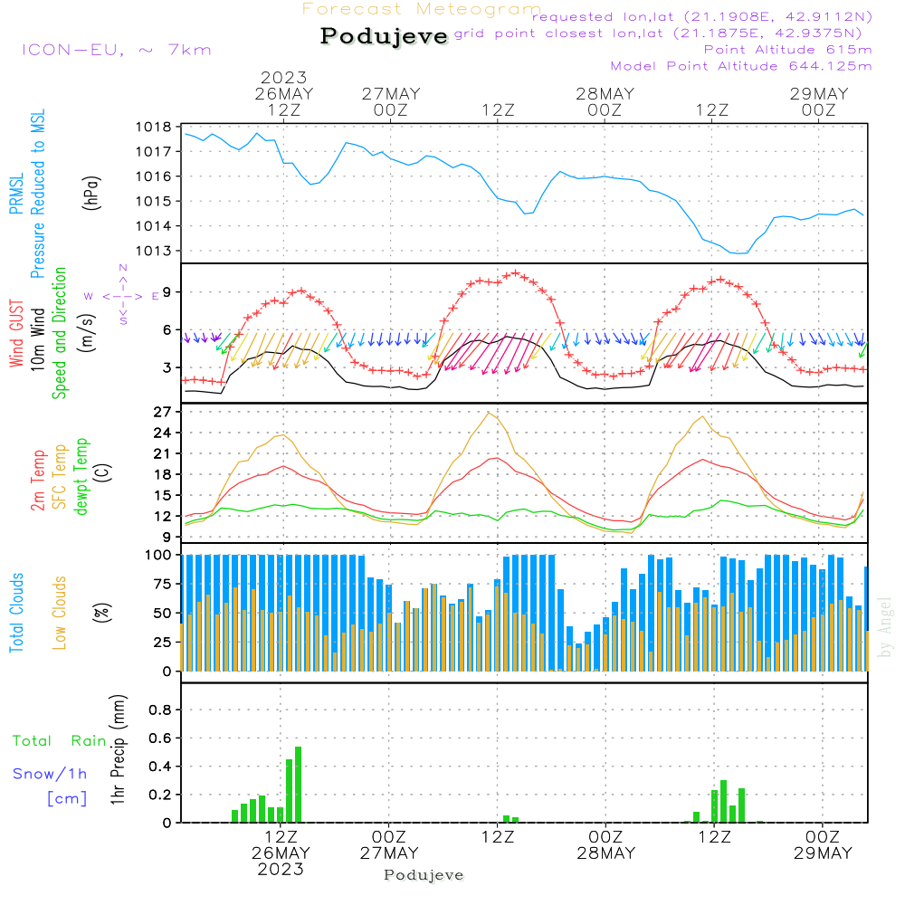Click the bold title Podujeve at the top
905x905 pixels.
tap(384, 36)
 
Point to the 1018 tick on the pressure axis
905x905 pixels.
tap(154, 127)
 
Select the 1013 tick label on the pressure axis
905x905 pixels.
tap(154, 251)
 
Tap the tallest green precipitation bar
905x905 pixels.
tap(298, 785)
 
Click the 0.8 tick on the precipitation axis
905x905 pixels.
tap(160, 710)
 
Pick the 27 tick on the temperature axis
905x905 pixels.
tap(162, 412)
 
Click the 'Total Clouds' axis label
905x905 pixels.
tap(16, 613)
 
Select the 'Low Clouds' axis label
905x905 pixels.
tap(60, 613)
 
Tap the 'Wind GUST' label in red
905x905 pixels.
tap(16, 333)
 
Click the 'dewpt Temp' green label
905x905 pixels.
tap(81, 476)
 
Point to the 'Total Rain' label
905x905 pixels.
tap(60, 740)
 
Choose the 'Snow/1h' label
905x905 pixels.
tap(50, 774)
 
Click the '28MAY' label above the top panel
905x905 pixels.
tap(605, 93)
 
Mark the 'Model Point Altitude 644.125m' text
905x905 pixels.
tap(741, 66)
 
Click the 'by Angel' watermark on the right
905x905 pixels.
tap(884, 627)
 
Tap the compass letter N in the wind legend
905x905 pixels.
tap(123, 268)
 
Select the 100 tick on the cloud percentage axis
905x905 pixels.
tap(158, 555)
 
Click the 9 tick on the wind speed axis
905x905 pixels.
tap(167, 292)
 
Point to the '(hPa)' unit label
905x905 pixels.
tap(90, 193)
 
